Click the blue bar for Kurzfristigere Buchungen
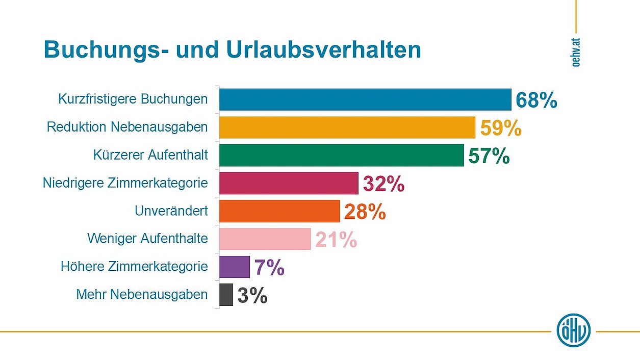(365, 99)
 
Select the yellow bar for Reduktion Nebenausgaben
(347, 127)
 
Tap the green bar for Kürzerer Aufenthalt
(342, 156)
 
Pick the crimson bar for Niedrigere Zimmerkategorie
(289, 183)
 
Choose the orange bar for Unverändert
(279, 211)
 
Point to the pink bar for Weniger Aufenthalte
(265, 239)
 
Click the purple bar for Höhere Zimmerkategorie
(235, 267)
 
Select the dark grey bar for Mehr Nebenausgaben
(226, 295)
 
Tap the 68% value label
(536, 100)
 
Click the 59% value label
(501, 128)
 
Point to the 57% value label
(489, 156)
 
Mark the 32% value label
(383, 184)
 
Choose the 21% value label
(336, 240)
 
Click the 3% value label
(252, 296)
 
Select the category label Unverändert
(171, 211)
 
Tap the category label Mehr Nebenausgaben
(142, 295)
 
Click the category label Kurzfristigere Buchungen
(133, 99)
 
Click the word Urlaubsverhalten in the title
(321, 50)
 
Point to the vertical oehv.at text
(576, 52)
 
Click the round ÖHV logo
(573, 330)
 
